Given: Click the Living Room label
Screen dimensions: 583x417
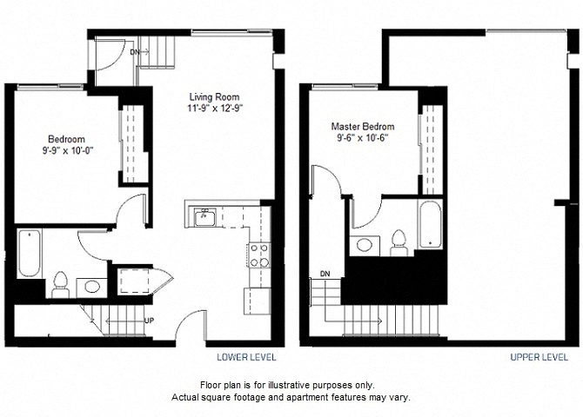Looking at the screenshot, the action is click(215, 97).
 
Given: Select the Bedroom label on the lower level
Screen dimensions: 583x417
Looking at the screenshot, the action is click(66, 139).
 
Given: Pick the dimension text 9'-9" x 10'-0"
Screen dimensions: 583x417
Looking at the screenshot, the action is click(67, 150).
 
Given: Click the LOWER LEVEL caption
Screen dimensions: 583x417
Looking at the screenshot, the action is click(246, 357).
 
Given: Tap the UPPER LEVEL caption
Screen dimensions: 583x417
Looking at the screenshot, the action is click(539, 357).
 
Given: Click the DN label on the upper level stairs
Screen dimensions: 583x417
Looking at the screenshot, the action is click(325, 274).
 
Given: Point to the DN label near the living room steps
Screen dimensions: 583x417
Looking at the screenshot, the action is click(134, 52).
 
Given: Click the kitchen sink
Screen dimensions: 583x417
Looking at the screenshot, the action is click(204, 217).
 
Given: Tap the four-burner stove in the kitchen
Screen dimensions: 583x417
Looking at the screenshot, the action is click(259, 255).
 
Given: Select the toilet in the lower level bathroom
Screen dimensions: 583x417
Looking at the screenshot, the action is click(60, 284).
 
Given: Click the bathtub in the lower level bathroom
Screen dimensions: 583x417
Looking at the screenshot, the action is click(30, 253).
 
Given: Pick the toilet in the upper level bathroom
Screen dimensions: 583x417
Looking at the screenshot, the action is click(399, 243).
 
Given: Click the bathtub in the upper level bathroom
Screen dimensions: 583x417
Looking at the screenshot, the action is click(431, 225).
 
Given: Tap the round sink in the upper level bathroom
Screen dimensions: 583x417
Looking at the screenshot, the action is click(365, 245).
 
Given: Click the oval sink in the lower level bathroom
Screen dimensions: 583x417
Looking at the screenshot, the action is click(92, 287).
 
